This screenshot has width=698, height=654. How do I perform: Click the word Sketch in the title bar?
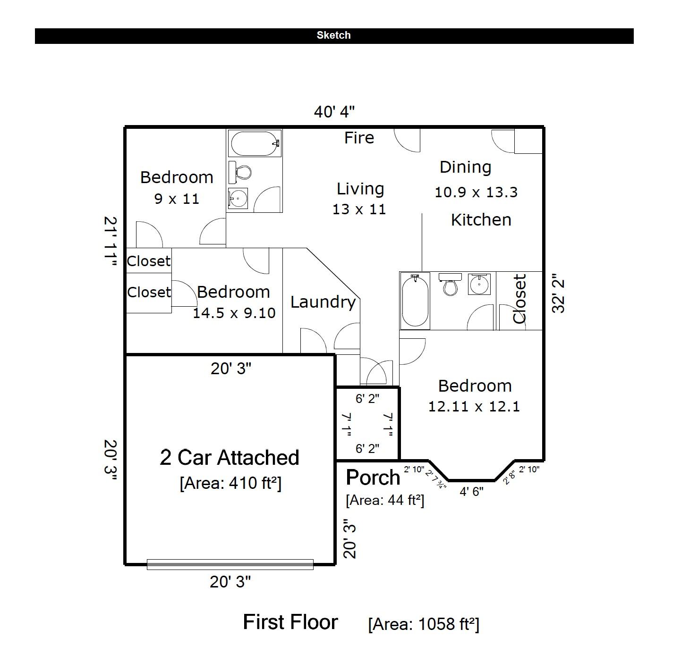click(x=333, y=35)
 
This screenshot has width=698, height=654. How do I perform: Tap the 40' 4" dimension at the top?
click(x=334, y=112)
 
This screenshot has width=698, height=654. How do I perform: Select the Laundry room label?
click(x=323, y=302)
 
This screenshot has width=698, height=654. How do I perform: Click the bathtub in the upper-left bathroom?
click(x=255, y=143)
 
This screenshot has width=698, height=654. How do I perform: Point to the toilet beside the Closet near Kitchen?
click(x=450, y=285)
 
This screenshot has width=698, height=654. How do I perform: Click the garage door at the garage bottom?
click(x=230, y=564)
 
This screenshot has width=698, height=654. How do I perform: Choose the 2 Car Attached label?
click(x=230, y=458)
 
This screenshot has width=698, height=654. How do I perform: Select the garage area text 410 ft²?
click(x=230, y=483)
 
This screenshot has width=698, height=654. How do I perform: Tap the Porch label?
click(x=373, y=478)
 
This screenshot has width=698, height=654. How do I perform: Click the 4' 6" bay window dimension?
click(x=471, y=492)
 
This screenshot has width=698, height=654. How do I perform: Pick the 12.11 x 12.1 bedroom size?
click(x=474, y=406)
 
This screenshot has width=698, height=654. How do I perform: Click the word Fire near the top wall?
click(x=359, y=138)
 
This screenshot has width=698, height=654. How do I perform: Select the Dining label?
click(x=465, y=167)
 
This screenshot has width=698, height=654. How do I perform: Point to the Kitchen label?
click(x=481, y=220)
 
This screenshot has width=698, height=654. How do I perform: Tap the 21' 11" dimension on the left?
click(x=110, y=243)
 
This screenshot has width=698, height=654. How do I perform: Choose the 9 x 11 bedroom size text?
click(x=177, y=199)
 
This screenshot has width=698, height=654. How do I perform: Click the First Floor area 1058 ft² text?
click(x=424, y=624)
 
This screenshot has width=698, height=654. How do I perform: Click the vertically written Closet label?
click(x=519, y=299)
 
